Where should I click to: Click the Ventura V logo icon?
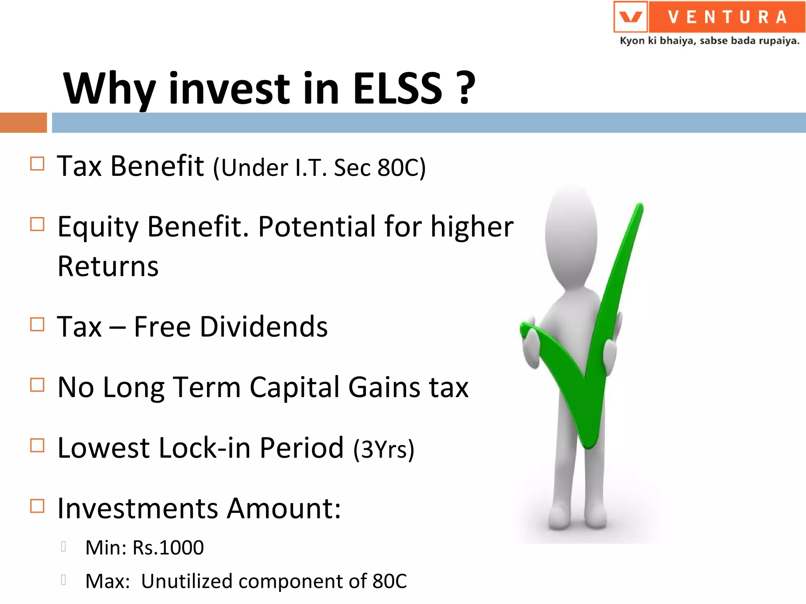pyautogui.click(x=630, y=17)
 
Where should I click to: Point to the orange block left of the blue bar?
pyautogui.click(x=23, y=123)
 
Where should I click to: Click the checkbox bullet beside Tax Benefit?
pyautogui.click(x=37, y=164)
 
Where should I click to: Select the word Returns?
pyautogui.click(x=108, y=267)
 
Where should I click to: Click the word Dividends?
pyautogui.click(x=263, y=327)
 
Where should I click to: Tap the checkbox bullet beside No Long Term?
pyautogui.click(x=37, y=385)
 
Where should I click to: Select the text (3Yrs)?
pyautogui.click(x=384, y=449)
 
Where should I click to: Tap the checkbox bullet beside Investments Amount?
pyautogui.click(x=37, y=506)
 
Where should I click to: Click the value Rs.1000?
pyautogui.click(x=168, y=548)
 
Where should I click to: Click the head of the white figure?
pyautogui.click(x=571, y=236)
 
